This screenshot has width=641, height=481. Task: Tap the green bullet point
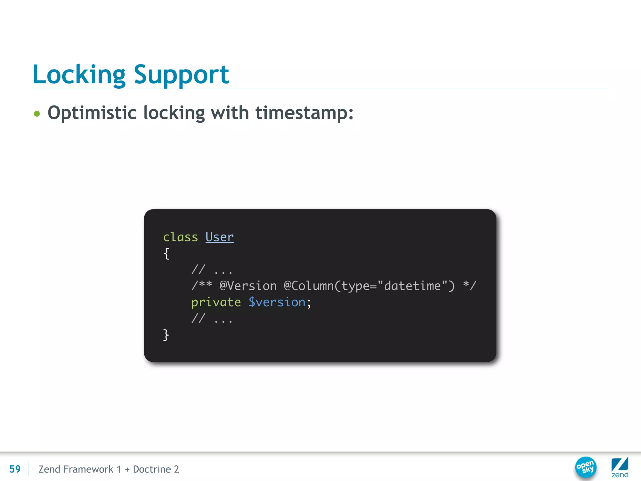coord(37,113)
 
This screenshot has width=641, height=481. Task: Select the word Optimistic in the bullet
coord(92,113)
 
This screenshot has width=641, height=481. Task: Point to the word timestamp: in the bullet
coord(304,113)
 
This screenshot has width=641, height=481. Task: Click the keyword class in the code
coord(180,237)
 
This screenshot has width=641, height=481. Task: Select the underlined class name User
coord(219,237)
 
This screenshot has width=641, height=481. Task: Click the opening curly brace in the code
coord(167,253)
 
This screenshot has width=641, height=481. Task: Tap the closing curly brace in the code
coord(166,335)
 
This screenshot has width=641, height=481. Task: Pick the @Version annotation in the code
coord(248,286)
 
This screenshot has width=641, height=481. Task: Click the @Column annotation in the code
coord(308,286)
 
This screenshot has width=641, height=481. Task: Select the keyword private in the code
coord(216,302)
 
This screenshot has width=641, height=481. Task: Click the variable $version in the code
coord(277,302)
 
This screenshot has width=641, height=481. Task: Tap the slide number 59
coord(15,469)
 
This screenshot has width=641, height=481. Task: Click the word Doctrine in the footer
coord(152,469)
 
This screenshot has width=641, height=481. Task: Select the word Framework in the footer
coord(88,469)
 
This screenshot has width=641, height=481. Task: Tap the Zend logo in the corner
coord(620,467)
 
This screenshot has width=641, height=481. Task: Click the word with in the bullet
coord(230,113)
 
